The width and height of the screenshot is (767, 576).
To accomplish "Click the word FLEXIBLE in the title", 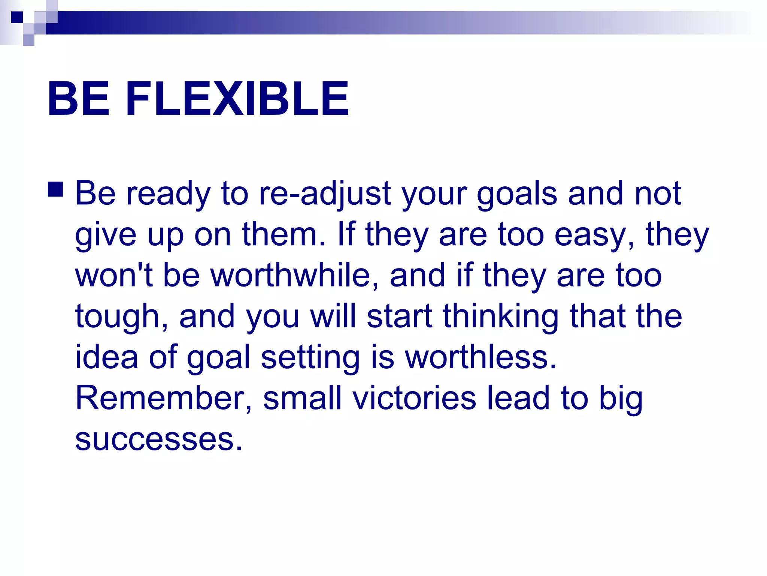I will (x=237, y=99).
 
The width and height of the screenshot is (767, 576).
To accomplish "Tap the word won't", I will (x=114, y=276).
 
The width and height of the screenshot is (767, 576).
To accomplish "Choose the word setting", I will (x=310, y=358).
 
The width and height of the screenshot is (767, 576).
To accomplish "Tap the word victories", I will (x=414, y=398).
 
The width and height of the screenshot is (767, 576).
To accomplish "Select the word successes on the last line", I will (x=159, y=439).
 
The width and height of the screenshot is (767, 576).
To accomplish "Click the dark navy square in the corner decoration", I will (x=17, y=17).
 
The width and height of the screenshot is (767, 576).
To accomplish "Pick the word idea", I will (x=107, y=357).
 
